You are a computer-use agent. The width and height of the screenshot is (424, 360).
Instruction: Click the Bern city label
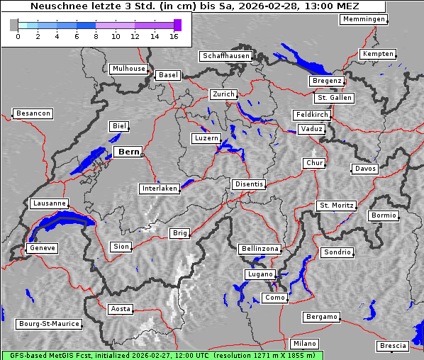[128, 152]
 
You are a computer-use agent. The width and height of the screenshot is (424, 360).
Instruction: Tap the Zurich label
[223, 94]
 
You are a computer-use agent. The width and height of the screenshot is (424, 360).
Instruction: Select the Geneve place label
[42, 248]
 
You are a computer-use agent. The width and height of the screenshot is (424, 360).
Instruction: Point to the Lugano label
[260, 274]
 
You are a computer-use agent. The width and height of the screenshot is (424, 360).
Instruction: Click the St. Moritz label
[336, 206]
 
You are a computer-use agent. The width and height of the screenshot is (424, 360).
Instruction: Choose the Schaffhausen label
[226, 55]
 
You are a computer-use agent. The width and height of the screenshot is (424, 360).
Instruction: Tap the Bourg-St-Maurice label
[49, 324]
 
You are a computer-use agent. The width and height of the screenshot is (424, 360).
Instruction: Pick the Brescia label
[393, 346]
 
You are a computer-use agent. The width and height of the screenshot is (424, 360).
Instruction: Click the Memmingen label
[364, 19]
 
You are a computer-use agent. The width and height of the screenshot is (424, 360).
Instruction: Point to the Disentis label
[249, 184]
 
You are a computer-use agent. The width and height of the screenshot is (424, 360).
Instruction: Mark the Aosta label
[121, 309]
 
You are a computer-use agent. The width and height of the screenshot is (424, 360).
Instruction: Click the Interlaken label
[160, 189]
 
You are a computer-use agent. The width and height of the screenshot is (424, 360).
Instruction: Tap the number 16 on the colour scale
[174, 36]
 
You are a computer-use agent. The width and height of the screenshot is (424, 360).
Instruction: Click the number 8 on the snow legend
[96, 36]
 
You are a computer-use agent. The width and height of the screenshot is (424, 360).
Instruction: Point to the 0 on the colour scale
[18, 36]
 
